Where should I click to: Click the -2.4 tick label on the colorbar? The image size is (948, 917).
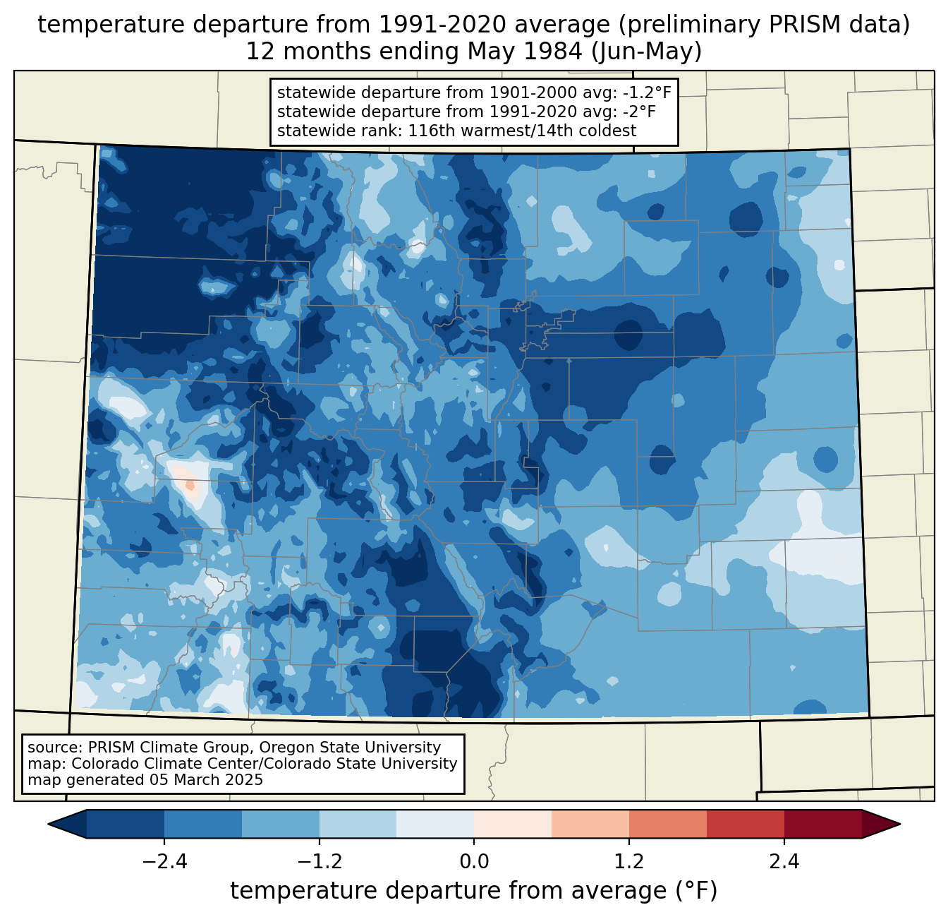point(164,862)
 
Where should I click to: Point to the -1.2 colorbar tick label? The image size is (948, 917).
point(320,862)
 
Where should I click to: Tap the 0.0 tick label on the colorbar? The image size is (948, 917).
point(474,862)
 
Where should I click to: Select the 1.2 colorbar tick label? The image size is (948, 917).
point(629,862)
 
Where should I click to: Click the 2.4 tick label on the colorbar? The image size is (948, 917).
point(784,862)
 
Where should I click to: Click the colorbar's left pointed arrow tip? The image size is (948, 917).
point(48,825)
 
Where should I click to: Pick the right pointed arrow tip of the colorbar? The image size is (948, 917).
point(900,825)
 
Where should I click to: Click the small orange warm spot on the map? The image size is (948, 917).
point(190,485)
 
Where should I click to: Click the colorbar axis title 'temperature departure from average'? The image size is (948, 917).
point(447,891)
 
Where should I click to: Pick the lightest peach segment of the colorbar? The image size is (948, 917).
point(513,825)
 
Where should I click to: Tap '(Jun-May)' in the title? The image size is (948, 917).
point(646,52)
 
